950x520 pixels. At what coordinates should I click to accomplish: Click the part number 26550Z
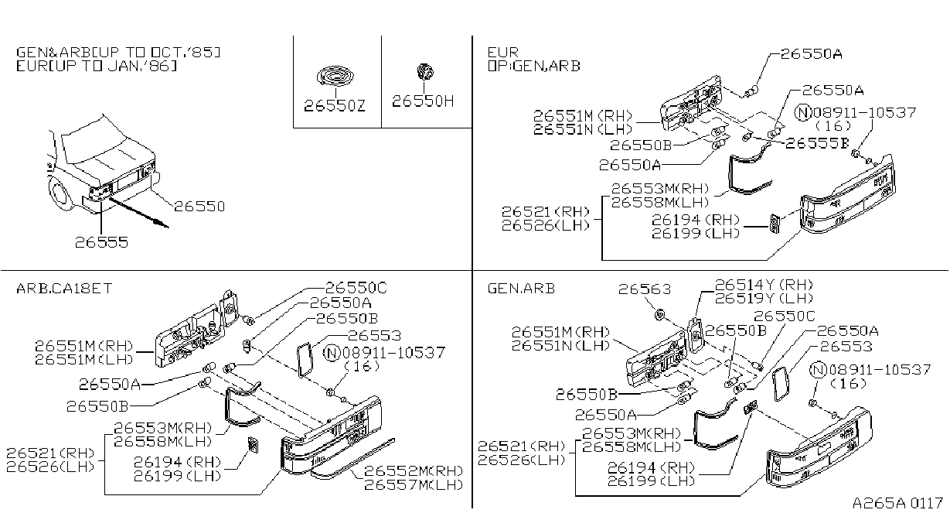pyautogui.click(x=335, y=106)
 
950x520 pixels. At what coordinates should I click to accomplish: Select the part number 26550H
pyautogui.click(x=423, y=101)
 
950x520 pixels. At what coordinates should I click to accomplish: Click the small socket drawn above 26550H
pyautogui.click(x=424, y=72)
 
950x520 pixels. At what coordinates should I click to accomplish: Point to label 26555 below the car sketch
pyautogui.click(x=101, y=242)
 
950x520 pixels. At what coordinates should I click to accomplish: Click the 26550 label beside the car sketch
pyautogui.click(x=199, y=207)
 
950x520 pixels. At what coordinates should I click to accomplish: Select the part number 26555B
pyautogui.click(x=817, y=143)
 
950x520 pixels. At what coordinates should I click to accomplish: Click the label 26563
pyautogui.click(x=645, y=289)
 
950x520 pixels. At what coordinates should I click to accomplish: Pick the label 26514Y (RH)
pyautogui.click(x=764, y=285)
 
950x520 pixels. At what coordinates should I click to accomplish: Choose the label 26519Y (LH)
pyautogui.click(x=764, y=298)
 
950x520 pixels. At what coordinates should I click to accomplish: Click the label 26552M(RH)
pyautogui.click(x=414, y=470)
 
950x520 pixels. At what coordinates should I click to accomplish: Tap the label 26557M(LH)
pyautogui.click(x=414, y=484)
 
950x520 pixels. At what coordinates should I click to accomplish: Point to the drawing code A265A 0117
pyautogui.click(x=897, y=503)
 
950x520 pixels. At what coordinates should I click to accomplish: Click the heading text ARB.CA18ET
pyautogui.click(x=64, y=289)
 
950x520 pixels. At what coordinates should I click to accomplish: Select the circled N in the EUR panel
pyautogui.click(x=803, y=112)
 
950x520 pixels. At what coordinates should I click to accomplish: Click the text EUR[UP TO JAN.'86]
pyautogui.click(x=97, y=67)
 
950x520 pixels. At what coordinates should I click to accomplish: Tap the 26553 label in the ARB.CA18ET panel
pyautogui.click(x=374, y=336)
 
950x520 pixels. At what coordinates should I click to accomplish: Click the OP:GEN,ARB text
pyautogui.click(x=534, y=67)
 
